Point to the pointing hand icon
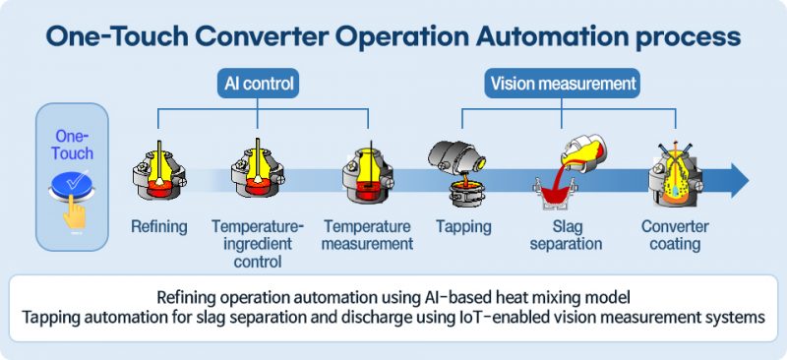pyautogui.click(x=73, y=212)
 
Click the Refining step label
pyautogui.click(x=158, y=227)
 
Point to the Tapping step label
pyautogui.click(x=463, y=227)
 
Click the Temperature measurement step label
pyautogui.click(x=367, y=235)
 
